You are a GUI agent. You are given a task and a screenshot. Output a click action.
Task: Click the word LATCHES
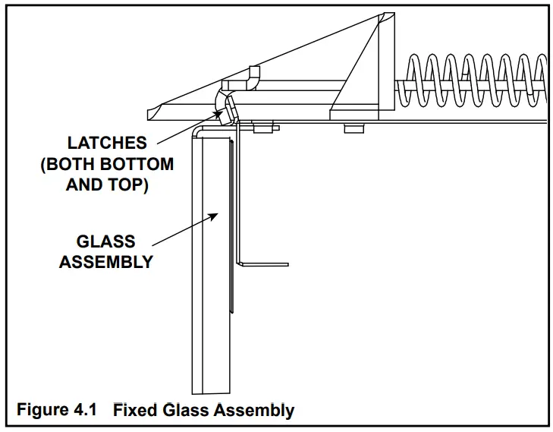click(106, 143)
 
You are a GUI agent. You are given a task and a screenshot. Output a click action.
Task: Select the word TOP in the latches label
click(127, 184)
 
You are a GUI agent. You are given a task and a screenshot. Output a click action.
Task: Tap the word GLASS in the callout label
click(105, 241)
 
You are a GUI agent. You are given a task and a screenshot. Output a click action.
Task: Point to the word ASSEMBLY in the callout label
click(106, 262)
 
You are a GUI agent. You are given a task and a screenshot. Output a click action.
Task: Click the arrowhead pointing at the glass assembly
click(215, 216)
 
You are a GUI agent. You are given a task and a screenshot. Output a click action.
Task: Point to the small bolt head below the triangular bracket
click(353, 128)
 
